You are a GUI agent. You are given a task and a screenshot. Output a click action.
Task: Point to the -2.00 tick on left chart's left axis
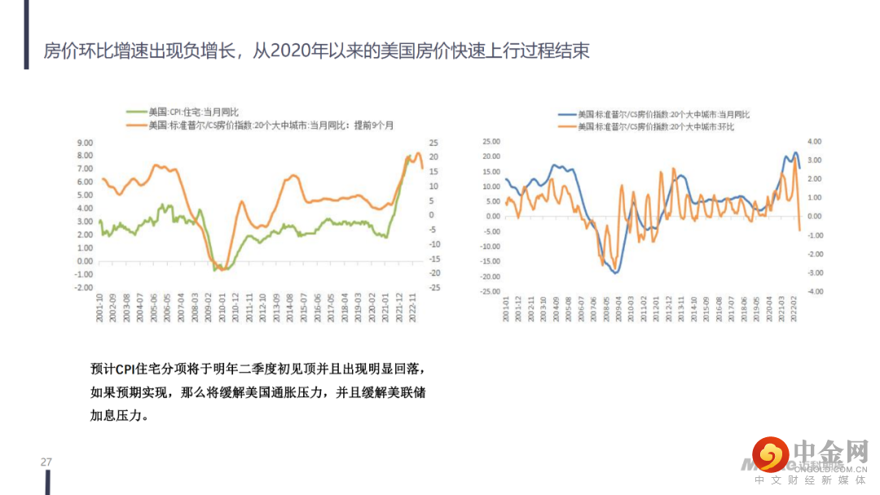coord(84,287)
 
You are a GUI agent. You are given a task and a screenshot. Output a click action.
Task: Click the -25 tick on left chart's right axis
coord(434,287)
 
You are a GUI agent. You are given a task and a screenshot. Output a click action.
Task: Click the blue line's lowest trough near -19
coord(617,272)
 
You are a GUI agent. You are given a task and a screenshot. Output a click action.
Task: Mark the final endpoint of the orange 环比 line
coord(799,230)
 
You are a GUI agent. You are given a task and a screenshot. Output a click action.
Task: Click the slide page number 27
coord(46,462)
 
